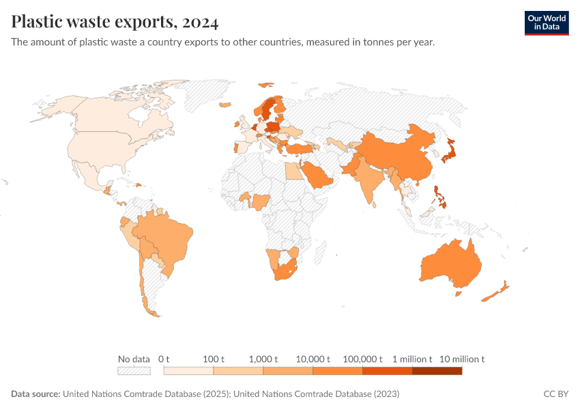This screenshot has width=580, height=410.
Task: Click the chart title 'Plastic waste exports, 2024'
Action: pyautogui.click(x=115, y=23)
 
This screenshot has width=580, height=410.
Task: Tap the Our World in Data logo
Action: pyautogui.click(x=546, y=23)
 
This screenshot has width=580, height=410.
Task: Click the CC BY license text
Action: pyautogui.click(x=555, y=394)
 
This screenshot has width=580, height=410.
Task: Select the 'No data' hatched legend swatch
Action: pyautogui.click(x=134, y=371)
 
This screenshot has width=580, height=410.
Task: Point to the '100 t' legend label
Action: pyautogui.click(x=214, y=359)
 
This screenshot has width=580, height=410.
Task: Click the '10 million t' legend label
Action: pyautogui.click(x=461, y=359)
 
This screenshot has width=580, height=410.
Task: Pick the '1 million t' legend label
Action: pyautogui.click(x=412, y=359)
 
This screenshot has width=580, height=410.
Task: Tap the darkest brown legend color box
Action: pyautogui.click(x=437, y=371)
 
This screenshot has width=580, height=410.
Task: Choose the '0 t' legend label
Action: pyautogui.click(x=164, y=359)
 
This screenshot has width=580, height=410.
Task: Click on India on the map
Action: pyautogui.click(x=371, y=178)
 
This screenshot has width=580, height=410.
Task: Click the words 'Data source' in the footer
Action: pyautogui.click(x=35, y=394)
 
